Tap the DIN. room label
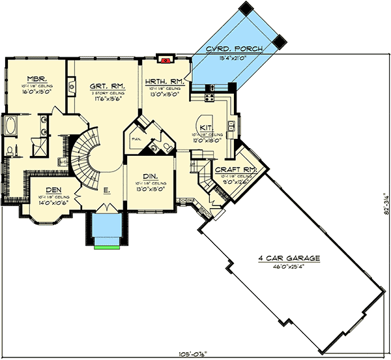[149, 176]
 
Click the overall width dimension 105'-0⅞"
[195, 354]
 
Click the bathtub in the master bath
[12, 125]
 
